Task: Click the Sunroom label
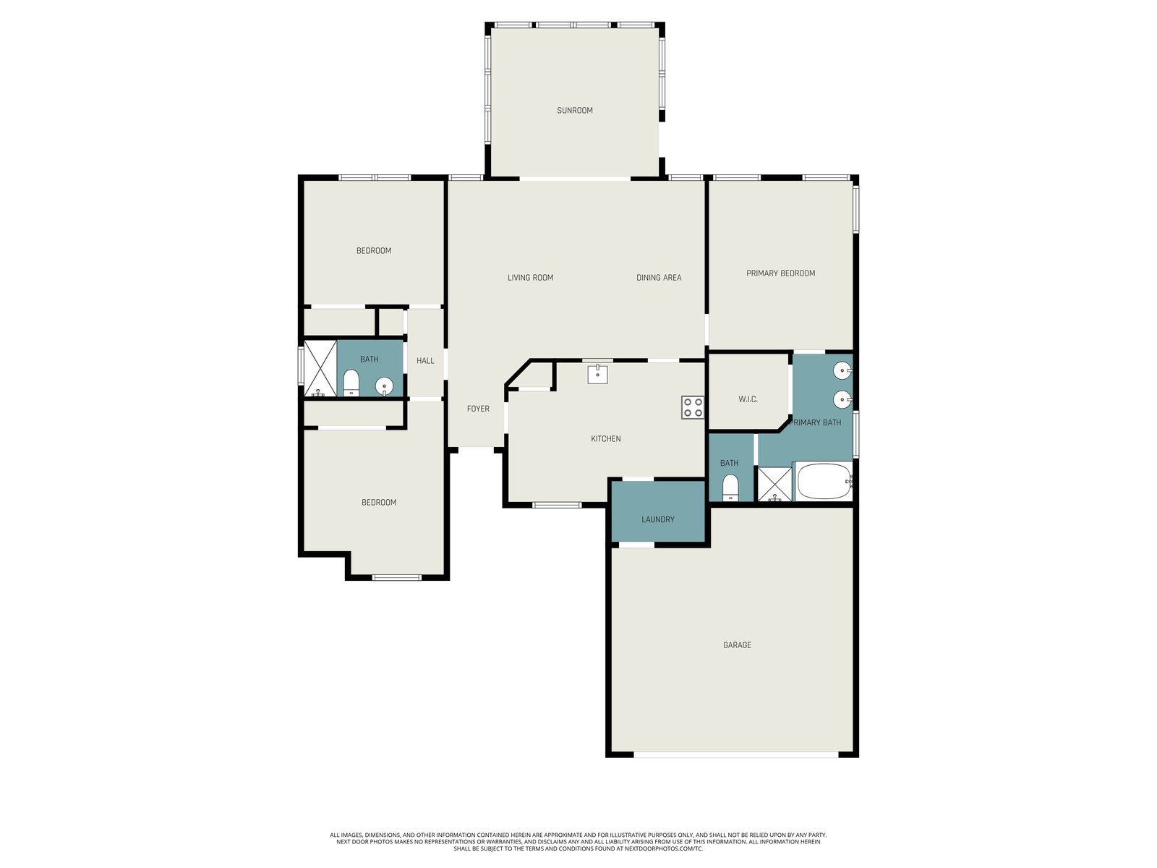point(575,110)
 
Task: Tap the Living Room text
point(530,277)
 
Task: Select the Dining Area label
point(659,277)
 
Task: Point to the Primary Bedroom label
point(781,273)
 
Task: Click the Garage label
point(737,644)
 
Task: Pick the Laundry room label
point(658,519)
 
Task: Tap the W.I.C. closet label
point(748,399)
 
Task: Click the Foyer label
point(478,409)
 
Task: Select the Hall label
point(425,360)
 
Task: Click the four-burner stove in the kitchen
point(693,407)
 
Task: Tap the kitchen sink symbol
point(598,374)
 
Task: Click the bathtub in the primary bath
point(824,481)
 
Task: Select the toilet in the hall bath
point(351,383)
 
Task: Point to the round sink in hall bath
point(384,387)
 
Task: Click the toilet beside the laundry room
point(730,488)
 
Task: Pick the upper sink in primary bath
point(843,370)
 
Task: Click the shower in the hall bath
point(320,368)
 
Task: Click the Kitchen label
point(606,438)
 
